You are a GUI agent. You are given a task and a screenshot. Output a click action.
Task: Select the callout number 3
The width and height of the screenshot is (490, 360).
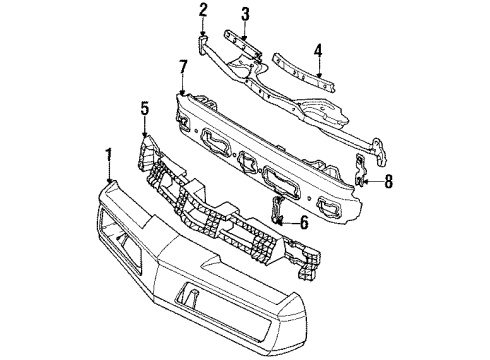pyautogui.click(x=244, y=13)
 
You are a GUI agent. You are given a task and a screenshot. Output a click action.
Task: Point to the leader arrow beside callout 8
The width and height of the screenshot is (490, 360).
pyautogui.click(x=374, y=181)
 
